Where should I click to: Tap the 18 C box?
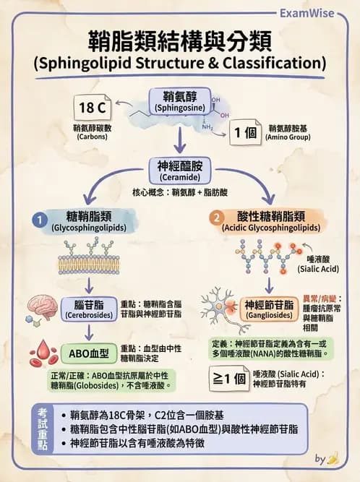(93, 108)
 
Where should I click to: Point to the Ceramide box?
(180, 170)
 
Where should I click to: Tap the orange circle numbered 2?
(215, 217)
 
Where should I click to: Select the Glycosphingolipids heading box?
(89, 220)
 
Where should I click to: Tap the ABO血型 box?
(89, 354)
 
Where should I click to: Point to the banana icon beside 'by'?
(333, 457)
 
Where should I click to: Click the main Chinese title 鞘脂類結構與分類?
(179, 40)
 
